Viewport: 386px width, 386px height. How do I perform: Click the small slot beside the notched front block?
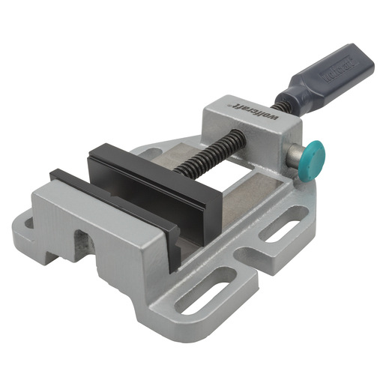[x=27, y=225]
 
